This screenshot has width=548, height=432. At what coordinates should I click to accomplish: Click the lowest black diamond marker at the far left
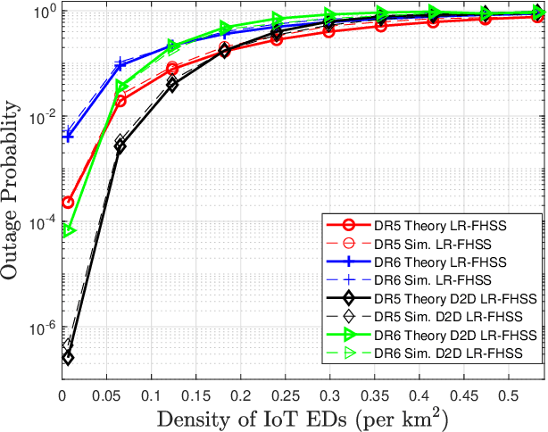point(68,357)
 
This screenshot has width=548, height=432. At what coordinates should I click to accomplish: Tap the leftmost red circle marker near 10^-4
point(68,203)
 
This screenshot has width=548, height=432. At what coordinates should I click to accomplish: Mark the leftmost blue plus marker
point(68,137)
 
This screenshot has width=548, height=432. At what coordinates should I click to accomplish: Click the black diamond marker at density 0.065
point(120,145)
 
